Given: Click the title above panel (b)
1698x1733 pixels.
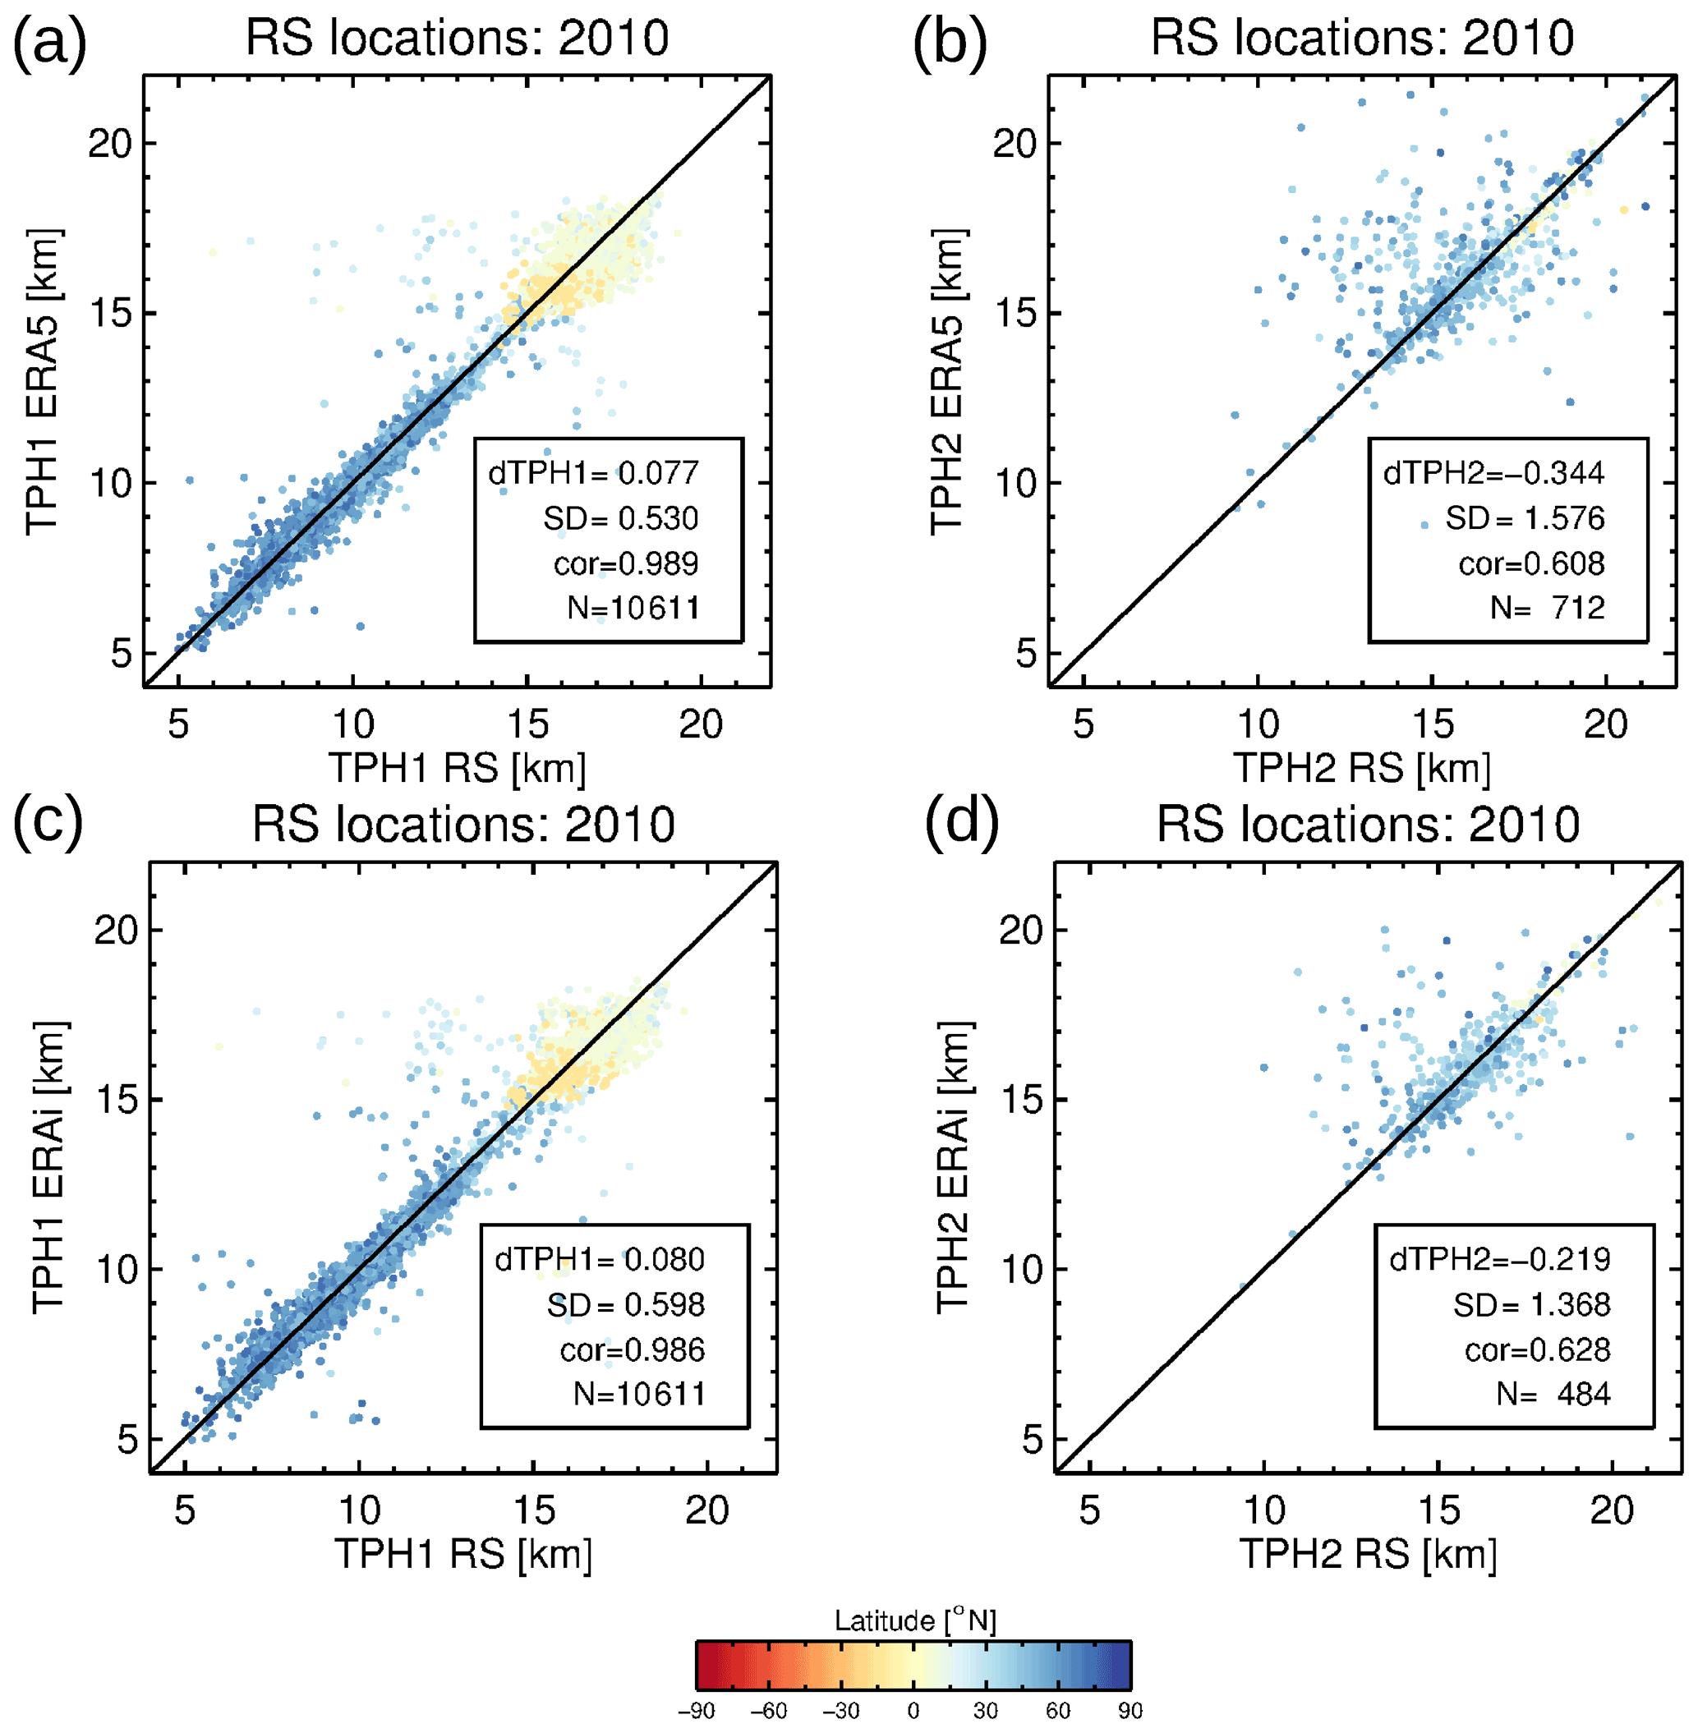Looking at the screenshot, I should pyautogui.click(x=1362, y=38).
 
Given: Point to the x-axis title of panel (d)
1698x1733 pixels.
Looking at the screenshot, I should pyautogui.click(x=1367, y=1554).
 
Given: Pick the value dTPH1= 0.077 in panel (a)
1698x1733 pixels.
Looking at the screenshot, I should pyautogui.click(x=593, y=472).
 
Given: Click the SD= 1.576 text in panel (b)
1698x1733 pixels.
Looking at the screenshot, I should pyautogui.click(x=1524, y=518).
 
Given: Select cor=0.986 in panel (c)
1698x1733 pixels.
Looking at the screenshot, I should pyautogui.click(x=632, y=1349).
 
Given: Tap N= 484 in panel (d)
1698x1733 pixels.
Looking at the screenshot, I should pyautogui.click(x=1553, y=1393).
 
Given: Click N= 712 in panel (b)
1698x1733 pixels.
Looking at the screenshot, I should pyautogui.click(x=1548, y=608).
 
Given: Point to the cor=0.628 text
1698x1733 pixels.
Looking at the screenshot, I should pyautogui.click(x=1537, y=1349).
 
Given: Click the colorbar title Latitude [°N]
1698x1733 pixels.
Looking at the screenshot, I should pyautogui.click(x=915, y=1620).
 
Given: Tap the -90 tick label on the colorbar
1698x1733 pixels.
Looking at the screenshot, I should pyautogui.click(x=696, y=1711).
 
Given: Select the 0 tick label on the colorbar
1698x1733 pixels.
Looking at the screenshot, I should pyautogui.click(x=913, y=1711).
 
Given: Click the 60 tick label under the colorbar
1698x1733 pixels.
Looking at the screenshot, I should pyautogui.click(x=1058, y=1711).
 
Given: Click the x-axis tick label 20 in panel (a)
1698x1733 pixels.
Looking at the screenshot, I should pyautogui.click(x=700, y=724).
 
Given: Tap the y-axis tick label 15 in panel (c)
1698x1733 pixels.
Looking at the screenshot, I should pyautogui.click(x=117, y=1099).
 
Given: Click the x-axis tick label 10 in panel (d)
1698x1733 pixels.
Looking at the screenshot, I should pyautogui.click(x=1263, y=1510).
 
